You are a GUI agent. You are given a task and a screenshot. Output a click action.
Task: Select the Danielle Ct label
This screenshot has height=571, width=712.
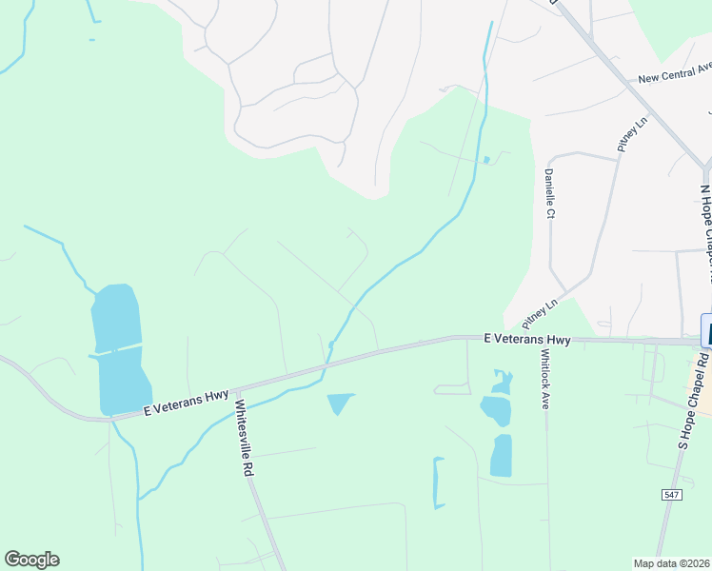pos(549,193)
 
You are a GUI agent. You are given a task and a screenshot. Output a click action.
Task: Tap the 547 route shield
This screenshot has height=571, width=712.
pos(671,493)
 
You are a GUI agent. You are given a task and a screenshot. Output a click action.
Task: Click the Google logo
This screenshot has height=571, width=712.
pos(31,560)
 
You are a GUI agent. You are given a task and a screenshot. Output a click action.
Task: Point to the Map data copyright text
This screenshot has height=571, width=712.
pos(672,563)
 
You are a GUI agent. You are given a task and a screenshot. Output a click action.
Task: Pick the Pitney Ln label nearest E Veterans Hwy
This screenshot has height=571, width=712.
pos(540,311)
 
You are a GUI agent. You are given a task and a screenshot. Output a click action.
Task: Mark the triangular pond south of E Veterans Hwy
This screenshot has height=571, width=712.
pos(340,403)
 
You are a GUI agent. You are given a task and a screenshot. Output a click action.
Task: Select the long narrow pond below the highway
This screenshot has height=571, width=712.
pos(439,482)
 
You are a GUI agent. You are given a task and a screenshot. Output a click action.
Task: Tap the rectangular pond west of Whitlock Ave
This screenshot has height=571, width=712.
pos(501,456)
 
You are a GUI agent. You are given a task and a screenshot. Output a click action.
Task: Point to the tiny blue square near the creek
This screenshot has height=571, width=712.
pos(486,159)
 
